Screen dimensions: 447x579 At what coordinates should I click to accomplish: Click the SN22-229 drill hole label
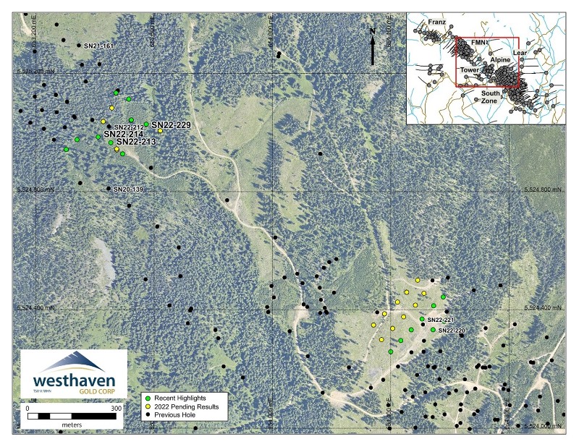pos(171,125)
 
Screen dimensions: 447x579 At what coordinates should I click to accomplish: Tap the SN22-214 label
pos(124,134)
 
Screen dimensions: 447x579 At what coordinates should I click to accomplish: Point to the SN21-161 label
pos(99,46)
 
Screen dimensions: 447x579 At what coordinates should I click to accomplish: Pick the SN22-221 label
pos(440,320)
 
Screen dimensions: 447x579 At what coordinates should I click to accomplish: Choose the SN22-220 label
pos(450,331)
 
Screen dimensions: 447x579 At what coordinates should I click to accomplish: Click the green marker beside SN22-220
pos(433,330)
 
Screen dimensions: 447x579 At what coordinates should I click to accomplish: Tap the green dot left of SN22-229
pos(146,124)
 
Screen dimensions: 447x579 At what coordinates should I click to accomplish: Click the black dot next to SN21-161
pos(79,45)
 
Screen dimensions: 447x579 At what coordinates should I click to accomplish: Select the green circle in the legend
pos(148,399)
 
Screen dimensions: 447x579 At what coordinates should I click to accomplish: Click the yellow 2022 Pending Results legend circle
pos(148,407)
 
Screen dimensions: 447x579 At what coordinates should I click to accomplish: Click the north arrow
pos(372,46)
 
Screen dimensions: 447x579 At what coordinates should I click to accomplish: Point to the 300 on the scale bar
pos(116,408)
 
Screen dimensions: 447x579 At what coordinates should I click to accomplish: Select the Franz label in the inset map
pos(436,23)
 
